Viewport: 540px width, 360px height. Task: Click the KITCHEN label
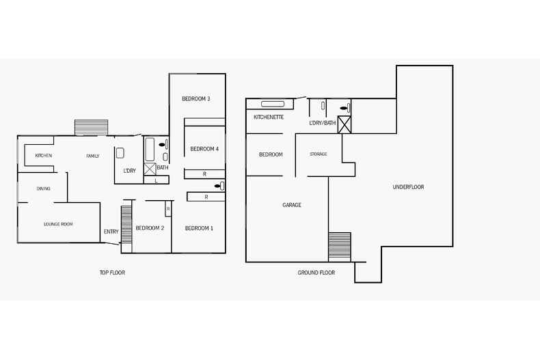44,156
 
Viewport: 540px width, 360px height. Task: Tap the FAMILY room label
92,156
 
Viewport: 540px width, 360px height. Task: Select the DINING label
43,189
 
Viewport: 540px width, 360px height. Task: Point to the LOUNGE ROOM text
58,224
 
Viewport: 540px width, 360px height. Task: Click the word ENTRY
111,232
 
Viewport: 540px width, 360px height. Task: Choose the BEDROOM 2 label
150,228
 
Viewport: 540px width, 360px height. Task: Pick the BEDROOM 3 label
195,99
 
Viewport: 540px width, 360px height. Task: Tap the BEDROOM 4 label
204,149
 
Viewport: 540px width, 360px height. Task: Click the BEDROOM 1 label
199,228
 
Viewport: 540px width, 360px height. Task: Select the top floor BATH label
162,167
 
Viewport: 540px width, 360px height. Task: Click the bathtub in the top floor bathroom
150,148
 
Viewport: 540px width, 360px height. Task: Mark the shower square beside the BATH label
150,168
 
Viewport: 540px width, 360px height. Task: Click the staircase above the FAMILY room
91,128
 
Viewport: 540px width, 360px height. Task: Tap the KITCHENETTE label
269,117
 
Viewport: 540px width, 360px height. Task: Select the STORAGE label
318,154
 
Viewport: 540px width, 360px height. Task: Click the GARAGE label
292,205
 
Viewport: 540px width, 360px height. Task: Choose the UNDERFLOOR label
408,187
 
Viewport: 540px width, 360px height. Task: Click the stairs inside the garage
340,247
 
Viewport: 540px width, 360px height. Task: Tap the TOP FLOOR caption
112,273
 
